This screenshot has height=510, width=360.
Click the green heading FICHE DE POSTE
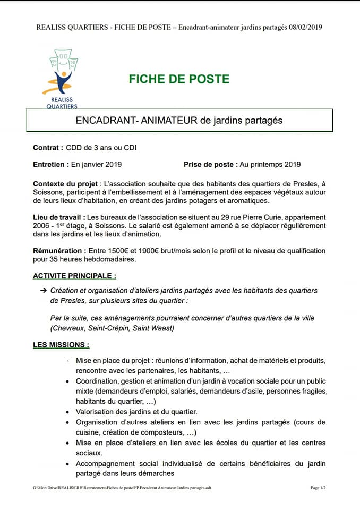tap(179, 79)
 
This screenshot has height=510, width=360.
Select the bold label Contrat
tap(48, 148)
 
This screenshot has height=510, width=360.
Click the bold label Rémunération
tap(57, 251)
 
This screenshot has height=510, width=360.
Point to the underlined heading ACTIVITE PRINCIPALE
tap(74, 276)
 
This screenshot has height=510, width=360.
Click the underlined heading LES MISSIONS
tap(61, 345)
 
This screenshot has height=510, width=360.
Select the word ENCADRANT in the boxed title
tap(106, 121)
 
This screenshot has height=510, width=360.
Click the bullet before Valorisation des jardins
tap(66, 412)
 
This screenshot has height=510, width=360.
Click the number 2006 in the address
tap(43, 226)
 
